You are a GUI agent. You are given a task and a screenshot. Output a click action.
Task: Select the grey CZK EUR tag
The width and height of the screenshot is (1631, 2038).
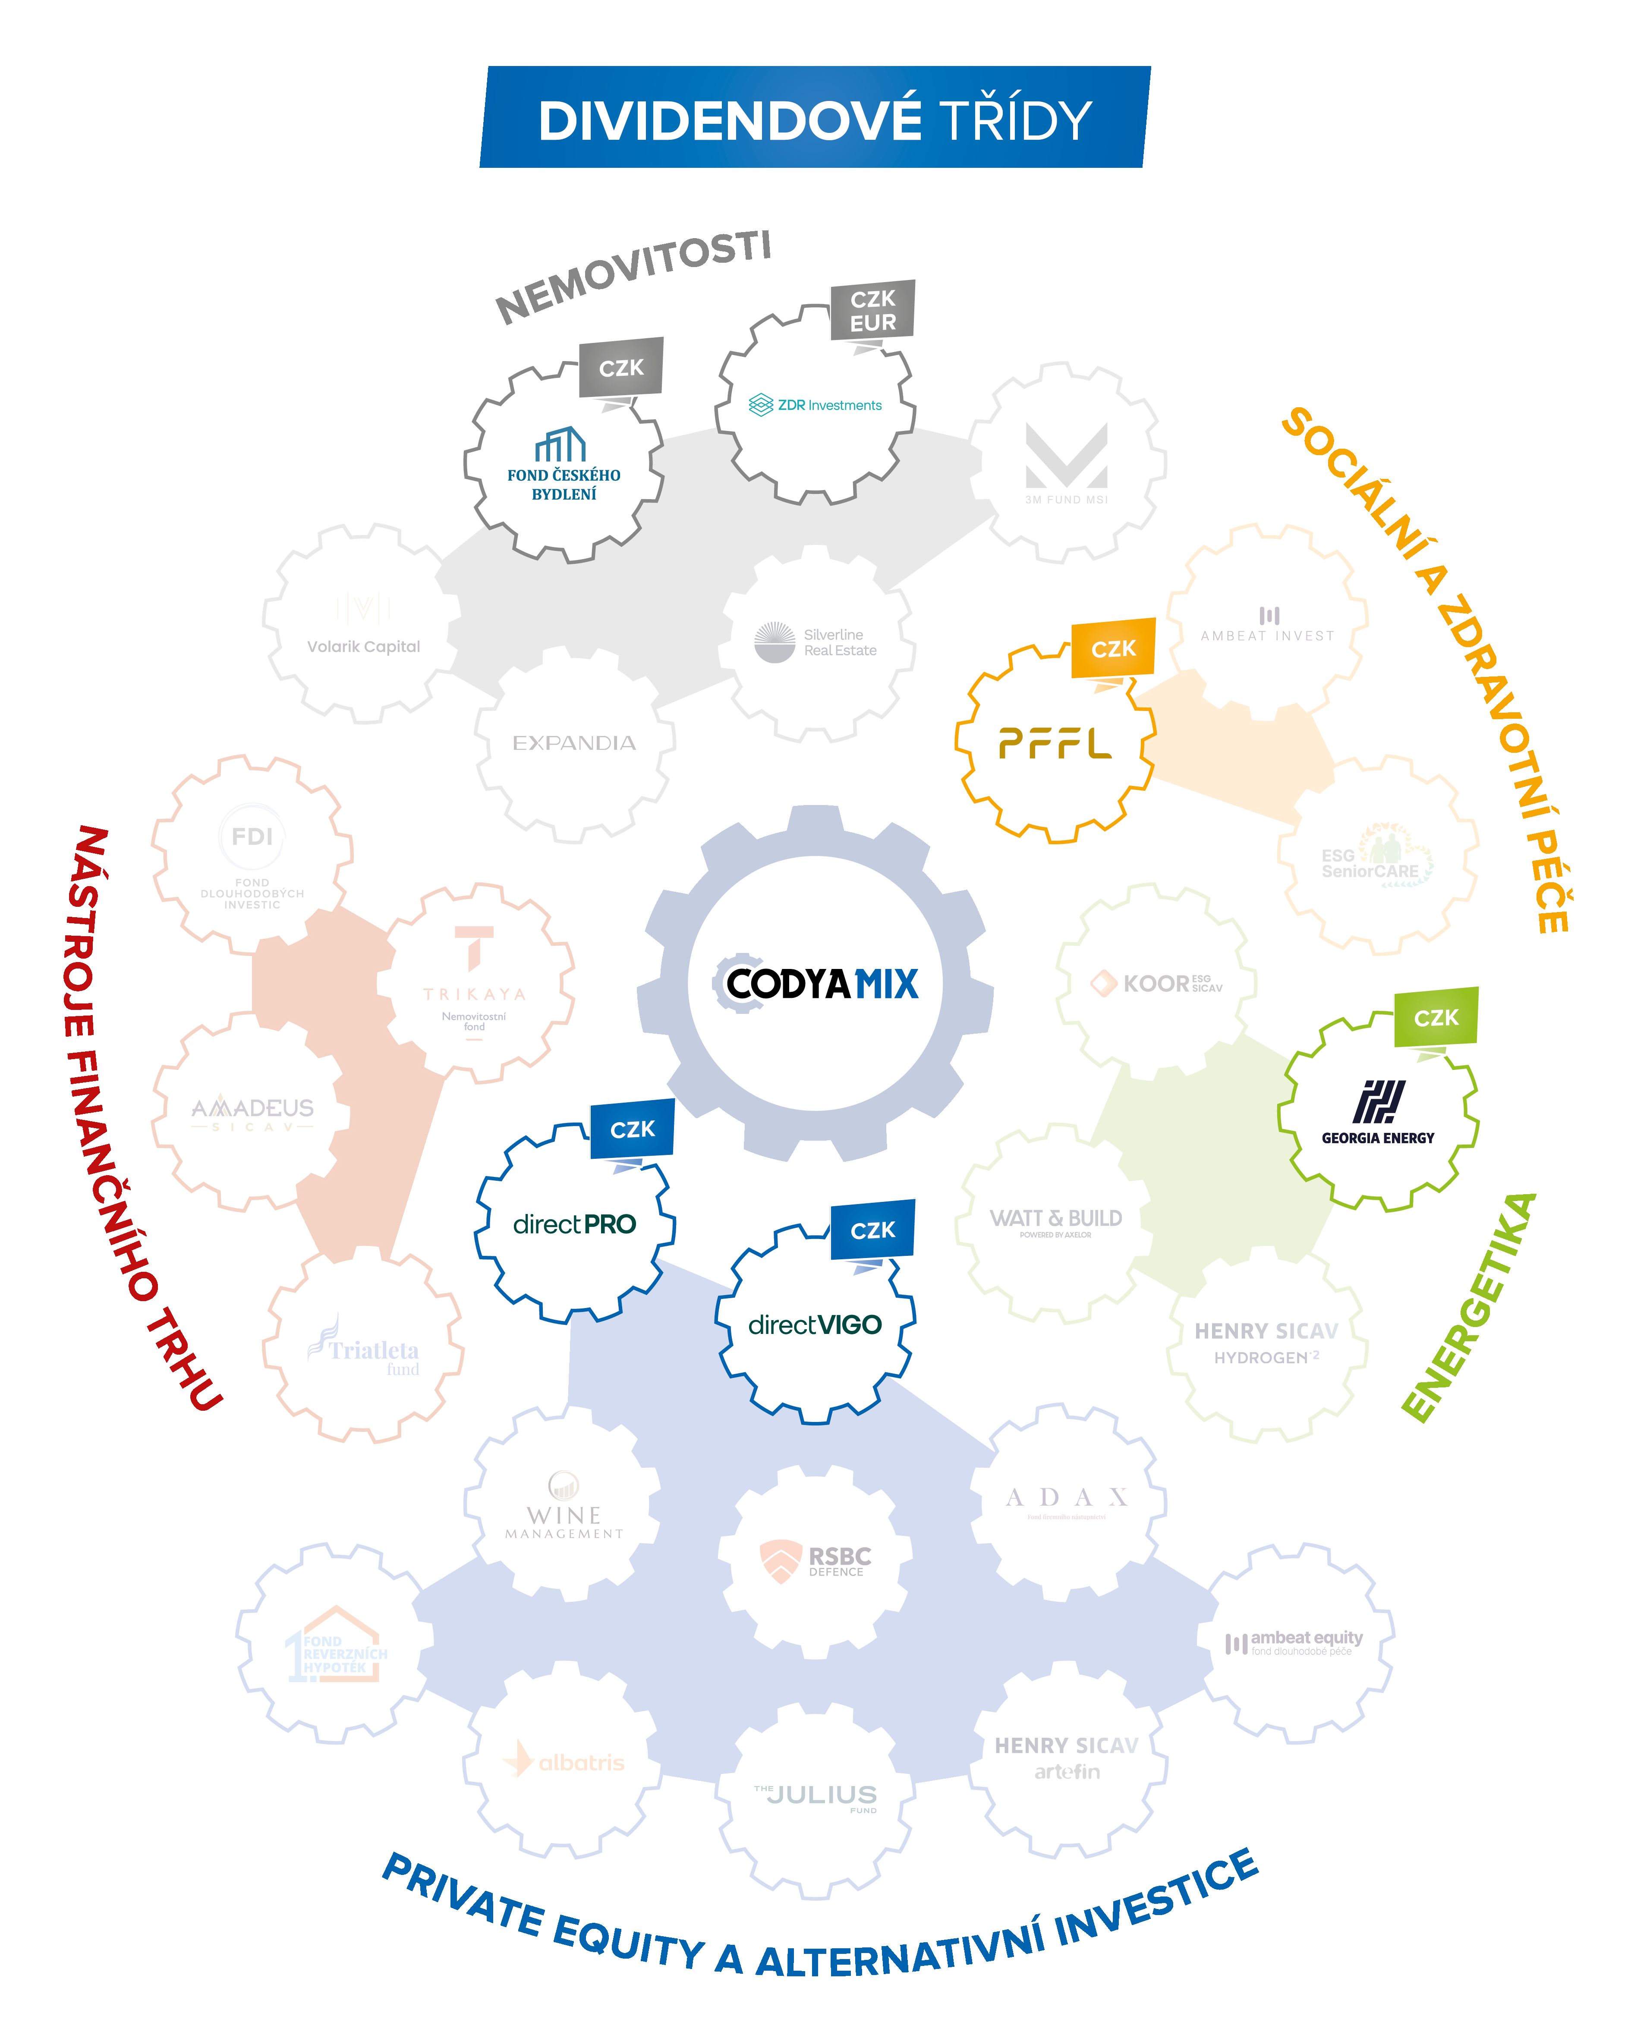click(x=873, y=310)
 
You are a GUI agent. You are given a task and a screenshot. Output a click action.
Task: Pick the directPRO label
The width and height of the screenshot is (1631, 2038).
click(x=574, y=1224)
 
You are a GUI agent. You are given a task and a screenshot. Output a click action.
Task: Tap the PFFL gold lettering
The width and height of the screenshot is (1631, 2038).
click(x=1054, y=744)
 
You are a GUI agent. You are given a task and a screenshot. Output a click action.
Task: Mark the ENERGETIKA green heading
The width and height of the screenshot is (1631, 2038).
click(x=1468, y=1307)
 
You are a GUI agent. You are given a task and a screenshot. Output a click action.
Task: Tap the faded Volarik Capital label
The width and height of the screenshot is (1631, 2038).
click(x=363, y=647)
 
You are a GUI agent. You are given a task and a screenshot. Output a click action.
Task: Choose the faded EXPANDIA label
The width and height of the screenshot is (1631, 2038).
click(x=574, y=743)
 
